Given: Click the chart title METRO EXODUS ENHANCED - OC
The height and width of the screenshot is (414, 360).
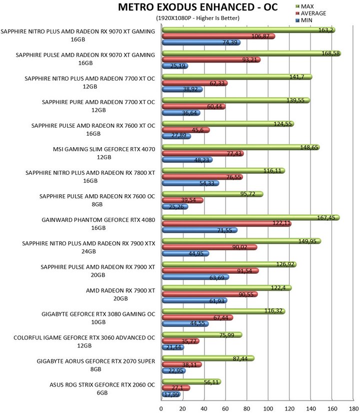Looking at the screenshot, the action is pyautogui.click(x=197, y=7).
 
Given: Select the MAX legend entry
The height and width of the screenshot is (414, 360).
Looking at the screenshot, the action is pyautogui.click(x=304, y=7).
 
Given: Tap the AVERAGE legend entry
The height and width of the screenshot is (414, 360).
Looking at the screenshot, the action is pyautogui.click(x=310, y=13).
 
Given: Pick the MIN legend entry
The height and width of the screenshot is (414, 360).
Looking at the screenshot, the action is pyautogui.click(x=304, y=20).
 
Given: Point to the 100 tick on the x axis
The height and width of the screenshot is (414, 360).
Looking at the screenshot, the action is pyautogui.click(x=268, y=408).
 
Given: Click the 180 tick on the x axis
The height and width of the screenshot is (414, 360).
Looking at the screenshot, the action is pyautogui.click(x=353, y=408).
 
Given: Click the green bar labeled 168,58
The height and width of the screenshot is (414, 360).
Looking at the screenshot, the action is pyautogui.click(x=251, y=54).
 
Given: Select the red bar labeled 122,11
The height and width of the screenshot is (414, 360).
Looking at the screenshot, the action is pyautogui.click(x=226, y=224).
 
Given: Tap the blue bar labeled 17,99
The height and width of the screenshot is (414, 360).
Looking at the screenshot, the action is pyautogui.click(x=171, y=394).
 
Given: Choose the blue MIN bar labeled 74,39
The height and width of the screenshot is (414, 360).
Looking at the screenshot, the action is pyautogui.click(x=201, y=42).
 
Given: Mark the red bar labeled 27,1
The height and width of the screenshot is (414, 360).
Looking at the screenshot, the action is pyautogui.click(x=176, y=388).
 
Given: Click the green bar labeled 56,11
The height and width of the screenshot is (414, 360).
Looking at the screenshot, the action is pyautogui.click(x=191, y=382).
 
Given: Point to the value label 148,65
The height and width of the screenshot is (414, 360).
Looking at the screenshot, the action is pyautogui.click(x=309, y=147).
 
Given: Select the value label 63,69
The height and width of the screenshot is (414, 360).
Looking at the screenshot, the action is pyautogui.click(x=217, y=278).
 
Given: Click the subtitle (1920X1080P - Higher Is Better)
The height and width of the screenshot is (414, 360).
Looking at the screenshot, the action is pyautogui.click(x=198, y=18).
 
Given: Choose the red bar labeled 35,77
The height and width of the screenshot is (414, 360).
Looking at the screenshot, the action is pyautogui.click(x=180, y=341).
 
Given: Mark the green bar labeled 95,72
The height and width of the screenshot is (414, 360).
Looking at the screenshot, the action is pyautogui.click(x=212, y=194).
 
